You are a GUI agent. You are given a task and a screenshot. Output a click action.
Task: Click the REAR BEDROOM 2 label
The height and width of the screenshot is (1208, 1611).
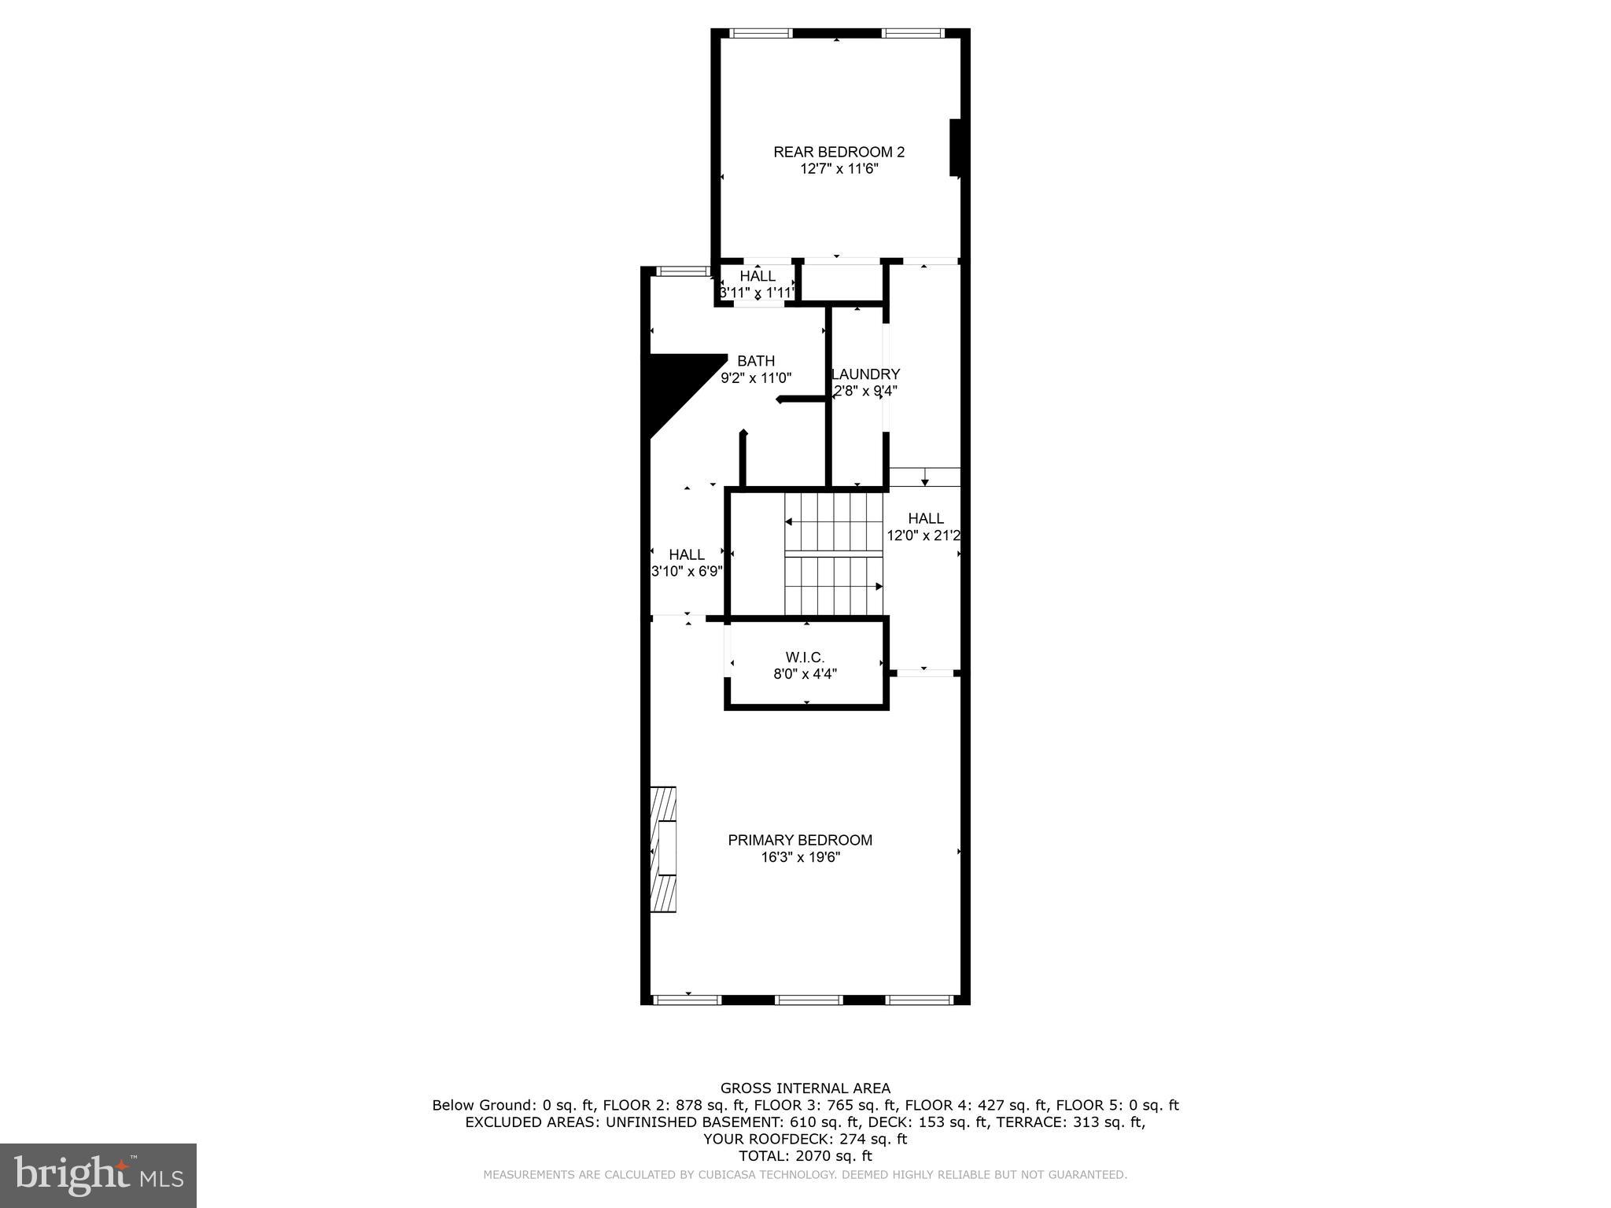click(839, 152)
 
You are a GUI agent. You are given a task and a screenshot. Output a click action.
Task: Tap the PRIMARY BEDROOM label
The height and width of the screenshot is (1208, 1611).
click(800, 840)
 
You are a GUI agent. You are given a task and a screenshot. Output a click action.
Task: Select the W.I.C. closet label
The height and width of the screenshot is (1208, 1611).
click(805, 657)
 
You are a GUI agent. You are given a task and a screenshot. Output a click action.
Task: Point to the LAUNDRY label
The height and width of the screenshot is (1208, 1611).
click(865, 374)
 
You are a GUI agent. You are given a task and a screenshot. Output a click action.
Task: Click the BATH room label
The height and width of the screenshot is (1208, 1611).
click(756, 361)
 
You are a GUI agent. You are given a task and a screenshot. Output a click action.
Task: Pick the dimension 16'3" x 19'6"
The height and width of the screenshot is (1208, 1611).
click(800, 857)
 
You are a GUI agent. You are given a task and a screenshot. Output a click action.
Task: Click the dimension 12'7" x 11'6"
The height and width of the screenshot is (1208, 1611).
click(839, 169)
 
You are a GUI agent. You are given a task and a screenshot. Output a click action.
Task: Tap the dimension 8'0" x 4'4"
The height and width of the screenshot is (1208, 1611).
click(805, 674)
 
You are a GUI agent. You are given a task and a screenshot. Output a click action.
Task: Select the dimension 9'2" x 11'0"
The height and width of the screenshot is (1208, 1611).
click(756, 378)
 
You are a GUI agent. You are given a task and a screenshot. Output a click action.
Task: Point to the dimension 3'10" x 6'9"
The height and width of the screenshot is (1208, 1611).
click(687, 572)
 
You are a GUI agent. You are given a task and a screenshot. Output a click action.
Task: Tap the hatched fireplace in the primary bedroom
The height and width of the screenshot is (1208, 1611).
click(663, 849)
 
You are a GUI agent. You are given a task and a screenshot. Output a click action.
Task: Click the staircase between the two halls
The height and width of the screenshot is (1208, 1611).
click(834, 554)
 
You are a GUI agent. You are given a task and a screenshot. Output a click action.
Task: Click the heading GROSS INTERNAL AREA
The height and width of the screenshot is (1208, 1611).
click(805, 1088)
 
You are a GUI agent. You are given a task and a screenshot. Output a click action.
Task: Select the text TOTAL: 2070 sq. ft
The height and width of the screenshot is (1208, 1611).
click(805, 1156)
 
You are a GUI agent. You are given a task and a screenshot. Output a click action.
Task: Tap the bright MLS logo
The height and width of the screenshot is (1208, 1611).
click(98, 1176)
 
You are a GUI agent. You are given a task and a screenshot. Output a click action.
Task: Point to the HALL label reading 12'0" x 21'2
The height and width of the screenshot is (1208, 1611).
click(926, 518)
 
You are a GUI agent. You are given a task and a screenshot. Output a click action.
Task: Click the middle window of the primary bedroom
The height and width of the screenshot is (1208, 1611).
click(809, 1000)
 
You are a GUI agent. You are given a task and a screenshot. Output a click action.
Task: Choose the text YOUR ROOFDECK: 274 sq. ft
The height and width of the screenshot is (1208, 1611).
click(805, 1139)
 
